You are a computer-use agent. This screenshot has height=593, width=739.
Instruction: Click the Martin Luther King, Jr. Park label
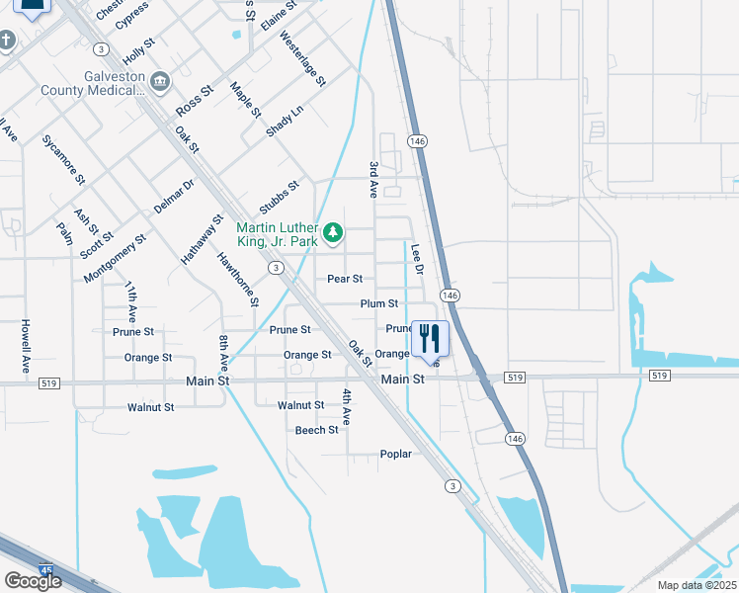(x=277, y=233)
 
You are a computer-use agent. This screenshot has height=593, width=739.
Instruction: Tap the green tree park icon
(x=334, y=233)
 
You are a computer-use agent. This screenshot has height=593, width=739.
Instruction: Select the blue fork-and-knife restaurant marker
(x=429, y=338)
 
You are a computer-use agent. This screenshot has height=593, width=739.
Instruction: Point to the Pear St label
(x=345, y=280)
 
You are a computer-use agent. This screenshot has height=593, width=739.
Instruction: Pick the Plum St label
(x=378, y=304)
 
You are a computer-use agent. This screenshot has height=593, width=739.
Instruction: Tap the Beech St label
(x=316, y=430)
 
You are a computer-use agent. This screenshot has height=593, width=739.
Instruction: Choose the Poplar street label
(x=395, y=455)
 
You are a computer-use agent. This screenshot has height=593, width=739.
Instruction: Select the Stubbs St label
(x=280, y=197)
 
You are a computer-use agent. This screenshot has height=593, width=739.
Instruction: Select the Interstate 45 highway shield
(x=46, y=571)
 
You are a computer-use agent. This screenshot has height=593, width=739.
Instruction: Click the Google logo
(x=32, y=581)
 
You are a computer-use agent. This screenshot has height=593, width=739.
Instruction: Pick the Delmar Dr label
(x=174, y=198)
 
